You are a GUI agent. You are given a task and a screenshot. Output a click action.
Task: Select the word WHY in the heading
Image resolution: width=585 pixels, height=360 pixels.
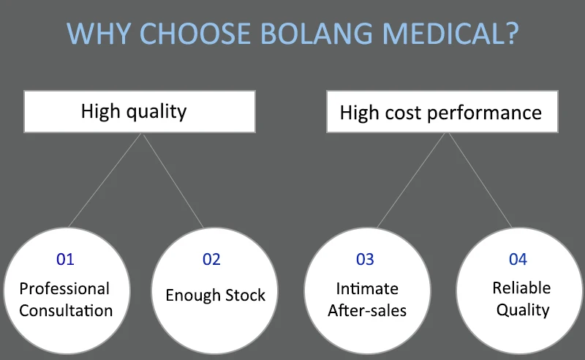99,34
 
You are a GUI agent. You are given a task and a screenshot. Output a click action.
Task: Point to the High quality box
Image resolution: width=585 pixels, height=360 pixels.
140,111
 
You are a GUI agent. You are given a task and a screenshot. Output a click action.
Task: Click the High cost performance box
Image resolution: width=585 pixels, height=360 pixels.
442,111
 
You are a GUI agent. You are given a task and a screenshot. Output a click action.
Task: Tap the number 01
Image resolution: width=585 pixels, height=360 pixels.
65,259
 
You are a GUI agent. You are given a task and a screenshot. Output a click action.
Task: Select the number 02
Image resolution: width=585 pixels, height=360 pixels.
211,259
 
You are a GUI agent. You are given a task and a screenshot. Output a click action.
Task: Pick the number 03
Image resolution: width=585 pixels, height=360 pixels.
365,259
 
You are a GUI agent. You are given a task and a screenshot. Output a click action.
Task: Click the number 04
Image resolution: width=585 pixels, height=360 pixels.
518,259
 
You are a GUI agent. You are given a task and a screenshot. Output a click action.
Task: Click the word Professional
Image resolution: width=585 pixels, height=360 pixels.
64,289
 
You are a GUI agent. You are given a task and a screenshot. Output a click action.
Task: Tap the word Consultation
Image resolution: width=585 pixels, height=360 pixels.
66,310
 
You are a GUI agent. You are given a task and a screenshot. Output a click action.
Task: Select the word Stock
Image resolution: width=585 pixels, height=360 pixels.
245,295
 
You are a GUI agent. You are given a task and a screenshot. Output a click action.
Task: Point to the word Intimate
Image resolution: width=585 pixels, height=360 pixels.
367,289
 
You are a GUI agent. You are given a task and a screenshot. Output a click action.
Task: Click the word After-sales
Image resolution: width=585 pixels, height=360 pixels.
367,310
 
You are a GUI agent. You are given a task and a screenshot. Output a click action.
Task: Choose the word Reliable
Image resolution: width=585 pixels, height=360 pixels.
521,288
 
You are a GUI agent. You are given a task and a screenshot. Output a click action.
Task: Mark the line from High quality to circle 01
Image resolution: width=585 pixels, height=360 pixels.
105,180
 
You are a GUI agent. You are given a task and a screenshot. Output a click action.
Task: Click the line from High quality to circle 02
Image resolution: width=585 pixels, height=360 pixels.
173,180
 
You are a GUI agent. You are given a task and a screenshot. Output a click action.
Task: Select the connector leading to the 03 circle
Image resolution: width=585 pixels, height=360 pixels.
411,180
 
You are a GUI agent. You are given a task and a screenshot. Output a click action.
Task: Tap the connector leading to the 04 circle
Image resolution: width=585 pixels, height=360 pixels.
480,180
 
